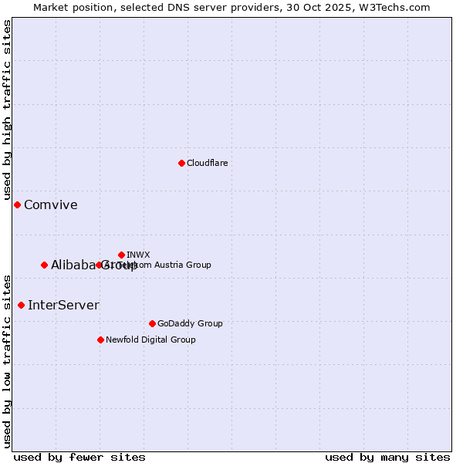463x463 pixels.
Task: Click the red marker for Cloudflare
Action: tap(181, 163)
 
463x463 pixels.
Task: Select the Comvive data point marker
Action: tap(17, 204)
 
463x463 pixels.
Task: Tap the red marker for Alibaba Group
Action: tap(44, 265)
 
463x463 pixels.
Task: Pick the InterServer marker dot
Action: tap(21, 305)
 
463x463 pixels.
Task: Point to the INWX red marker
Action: tap(121, 255)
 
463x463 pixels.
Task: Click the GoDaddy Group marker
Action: tap(152, 323)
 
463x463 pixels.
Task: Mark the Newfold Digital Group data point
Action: tap(100, 340)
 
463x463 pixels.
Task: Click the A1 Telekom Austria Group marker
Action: tap(99, 265)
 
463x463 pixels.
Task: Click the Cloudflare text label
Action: tap(207, 163)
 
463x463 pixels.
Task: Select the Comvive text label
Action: tap(50, 204)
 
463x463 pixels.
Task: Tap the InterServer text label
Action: tap(63, 305)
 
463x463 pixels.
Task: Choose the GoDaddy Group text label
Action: tap(190, 323)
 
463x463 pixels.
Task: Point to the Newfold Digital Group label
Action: tap(150, 340)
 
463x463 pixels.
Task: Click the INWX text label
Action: tap(138, 255)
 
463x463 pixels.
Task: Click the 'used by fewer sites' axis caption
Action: tap(79, 457)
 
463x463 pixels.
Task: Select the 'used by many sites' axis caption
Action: tap(387, 457)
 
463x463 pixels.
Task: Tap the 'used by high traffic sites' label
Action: tap(7, 110)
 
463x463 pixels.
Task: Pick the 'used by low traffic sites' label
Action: tap(7, 360)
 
